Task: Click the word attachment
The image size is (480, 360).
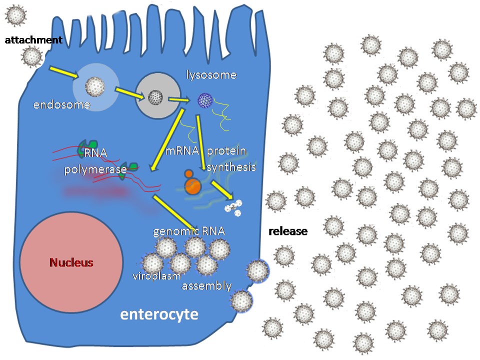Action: coord(33,40)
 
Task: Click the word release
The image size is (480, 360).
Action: coord(288,231)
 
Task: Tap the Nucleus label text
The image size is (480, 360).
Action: coord(71,262)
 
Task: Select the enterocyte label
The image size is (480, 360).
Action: coord(159,314)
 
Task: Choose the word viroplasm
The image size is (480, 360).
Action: coord(156,276)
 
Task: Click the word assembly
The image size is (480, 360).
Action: coord(206,286)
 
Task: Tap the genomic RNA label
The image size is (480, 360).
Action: coord(188,231)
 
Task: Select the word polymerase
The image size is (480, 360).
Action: coord(95,169)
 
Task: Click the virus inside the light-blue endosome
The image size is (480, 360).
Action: coord(95,86)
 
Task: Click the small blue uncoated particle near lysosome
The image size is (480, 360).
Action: coord(205,100)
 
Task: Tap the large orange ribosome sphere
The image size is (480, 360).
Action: coord(192,186)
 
